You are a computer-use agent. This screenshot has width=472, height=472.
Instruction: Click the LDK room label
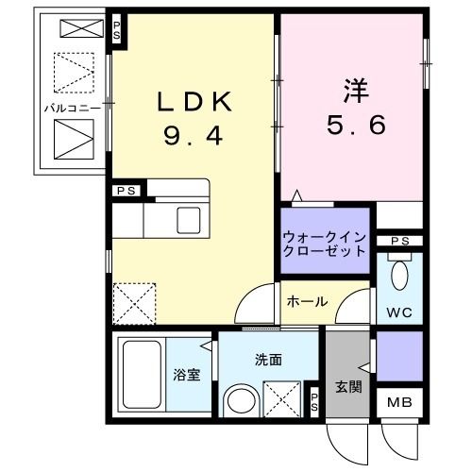194,101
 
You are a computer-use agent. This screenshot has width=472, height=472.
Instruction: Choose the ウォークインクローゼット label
323,245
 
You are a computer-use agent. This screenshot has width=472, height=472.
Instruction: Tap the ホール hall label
307,302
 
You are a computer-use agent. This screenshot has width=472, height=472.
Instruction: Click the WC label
398,311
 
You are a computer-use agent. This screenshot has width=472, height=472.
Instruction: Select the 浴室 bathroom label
186,375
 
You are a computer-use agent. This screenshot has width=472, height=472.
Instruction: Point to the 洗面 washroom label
267,360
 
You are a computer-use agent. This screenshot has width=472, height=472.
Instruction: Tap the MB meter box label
398,403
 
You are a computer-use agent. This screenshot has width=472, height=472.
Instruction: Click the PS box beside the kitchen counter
126,191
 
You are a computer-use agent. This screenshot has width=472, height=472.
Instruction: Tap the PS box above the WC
399,242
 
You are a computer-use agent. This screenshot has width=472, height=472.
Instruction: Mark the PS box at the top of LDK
118,29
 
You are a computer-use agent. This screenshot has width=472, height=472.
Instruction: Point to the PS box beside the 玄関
313,397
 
